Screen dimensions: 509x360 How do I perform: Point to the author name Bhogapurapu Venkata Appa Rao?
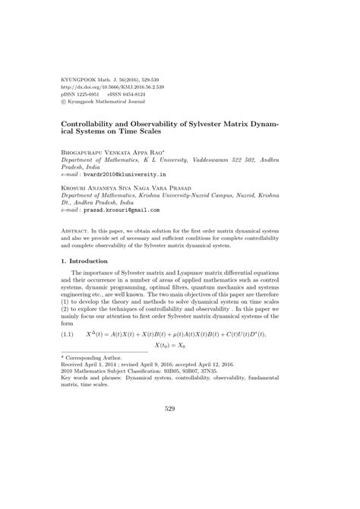[x=113, y=153]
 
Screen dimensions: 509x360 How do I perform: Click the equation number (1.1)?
[x=70, y=334]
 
